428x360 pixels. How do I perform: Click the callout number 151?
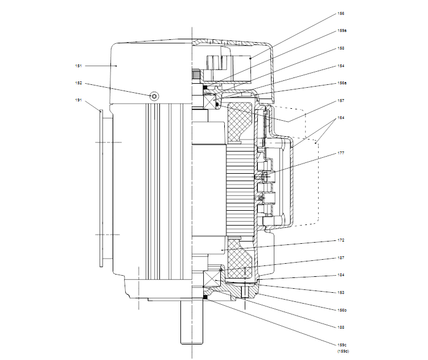[x=79, y=66]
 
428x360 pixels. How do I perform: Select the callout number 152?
[x=79, y=83]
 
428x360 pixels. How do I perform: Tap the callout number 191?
[x=79, y=100]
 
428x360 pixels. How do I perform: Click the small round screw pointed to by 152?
[x=154, y=95]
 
